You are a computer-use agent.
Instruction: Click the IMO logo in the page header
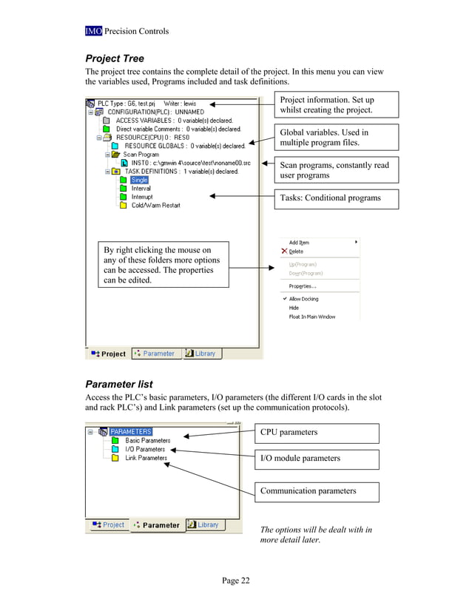(x=93, y=31)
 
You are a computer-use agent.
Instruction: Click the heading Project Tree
(x=115, y=58)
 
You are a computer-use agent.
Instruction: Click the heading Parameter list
(x=119, y=384)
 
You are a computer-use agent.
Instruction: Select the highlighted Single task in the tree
(x=139, y=180)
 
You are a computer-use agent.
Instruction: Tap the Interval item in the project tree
(x=141, y=189)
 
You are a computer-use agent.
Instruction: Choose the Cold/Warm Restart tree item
(x=155, y=206)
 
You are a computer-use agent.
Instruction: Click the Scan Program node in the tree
(x=141, y=155)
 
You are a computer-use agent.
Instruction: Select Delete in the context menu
(x=296, y=252)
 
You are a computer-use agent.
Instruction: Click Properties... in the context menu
(x=303, y=286)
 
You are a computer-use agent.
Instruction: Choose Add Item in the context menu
(x=299, y=242)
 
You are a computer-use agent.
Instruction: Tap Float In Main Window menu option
(x=311, y=317)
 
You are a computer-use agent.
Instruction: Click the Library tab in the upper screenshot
(x=200, y=354)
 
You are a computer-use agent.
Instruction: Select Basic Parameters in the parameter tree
(x=147, y=440)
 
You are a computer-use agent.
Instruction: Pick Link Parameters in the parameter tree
(x=146, y=458)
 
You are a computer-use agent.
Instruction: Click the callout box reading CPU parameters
(x=317, y=433)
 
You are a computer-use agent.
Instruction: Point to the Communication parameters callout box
(x=317, y=491)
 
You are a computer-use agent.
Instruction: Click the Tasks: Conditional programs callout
(x=337, y=198)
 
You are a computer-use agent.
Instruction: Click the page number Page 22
(x=236, y=581)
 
